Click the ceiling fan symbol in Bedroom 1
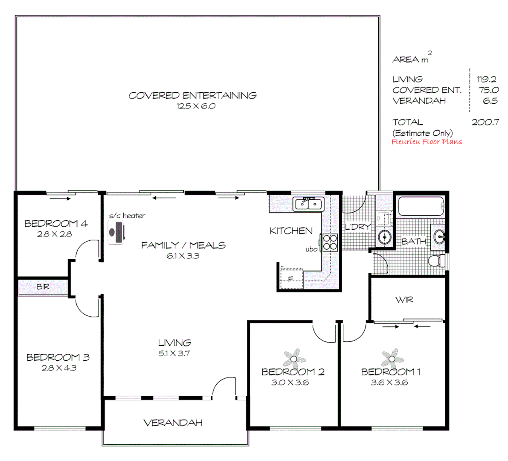coord(392,359)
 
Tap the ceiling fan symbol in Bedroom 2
coord(294,359)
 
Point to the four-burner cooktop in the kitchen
coord(330,242)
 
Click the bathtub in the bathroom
coord(420,206)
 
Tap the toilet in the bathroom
coord(436,260)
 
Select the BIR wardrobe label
coord(43,287)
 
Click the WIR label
coord(404,300)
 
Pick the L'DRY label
coord(357,227)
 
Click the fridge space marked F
coord(290,280)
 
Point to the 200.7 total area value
coord(485,122)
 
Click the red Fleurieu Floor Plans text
coord(427,142)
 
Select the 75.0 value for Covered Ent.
coord(488,90)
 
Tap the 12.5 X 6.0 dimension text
coord(196,106)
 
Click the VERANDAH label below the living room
coord(173,423)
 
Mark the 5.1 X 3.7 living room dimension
coord(174,353)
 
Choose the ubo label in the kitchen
coord(311,249)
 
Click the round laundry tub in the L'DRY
coord(385,236)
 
